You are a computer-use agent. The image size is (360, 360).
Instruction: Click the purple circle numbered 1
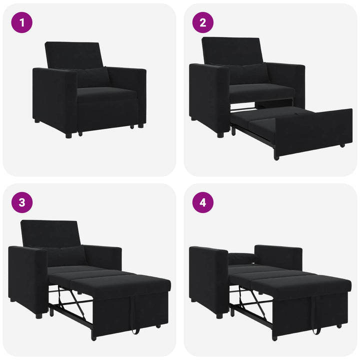[22, 22]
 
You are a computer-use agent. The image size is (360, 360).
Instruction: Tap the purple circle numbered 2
[202, 22]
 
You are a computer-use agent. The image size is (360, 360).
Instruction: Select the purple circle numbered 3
[22, 202]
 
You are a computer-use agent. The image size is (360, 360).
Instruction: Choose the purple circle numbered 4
[202, 202]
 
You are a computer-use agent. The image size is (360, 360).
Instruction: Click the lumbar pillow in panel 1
[92, 77]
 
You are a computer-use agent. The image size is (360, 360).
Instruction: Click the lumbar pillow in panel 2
[250, 74]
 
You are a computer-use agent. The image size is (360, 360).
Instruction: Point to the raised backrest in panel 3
[50, 232]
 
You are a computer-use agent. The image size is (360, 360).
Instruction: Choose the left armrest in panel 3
[28, 277]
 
